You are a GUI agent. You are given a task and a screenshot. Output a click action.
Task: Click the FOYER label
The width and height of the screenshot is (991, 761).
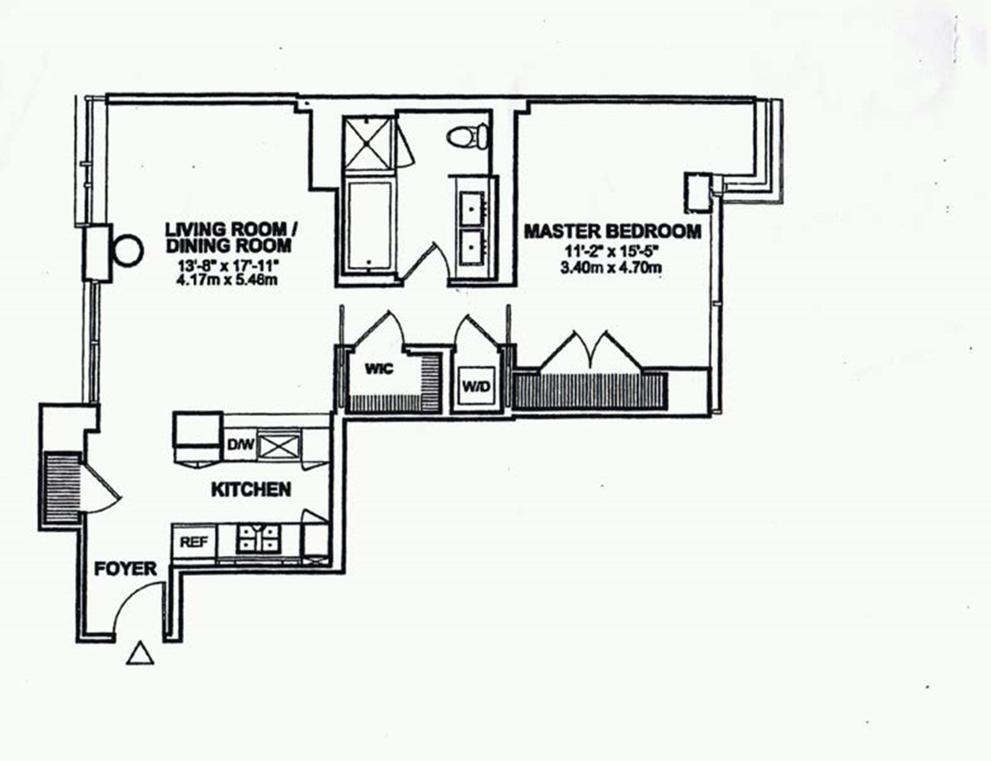[125, 569]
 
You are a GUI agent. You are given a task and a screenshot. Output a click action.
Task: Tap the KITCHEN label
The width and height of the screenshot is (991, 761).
[251, 490]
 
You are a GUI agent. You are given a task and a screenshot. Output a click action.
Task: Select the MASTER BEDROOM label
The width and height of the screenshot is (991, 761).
[613, 231]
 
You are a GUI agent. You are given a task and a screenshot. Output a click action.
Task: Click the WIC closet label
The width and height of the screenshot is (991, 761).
[379, 369]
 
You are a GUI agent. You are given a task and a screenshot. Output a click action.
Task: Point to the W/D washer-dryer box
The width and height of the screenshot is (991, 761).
[477, 386]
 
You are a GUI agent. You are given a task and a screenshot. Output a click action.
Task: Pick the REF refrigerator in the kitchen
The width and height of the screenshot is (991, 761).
[194, 542]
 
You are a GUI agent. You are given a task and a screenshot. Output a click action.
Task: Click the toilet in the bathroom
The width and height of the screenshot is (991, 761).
[468, 135]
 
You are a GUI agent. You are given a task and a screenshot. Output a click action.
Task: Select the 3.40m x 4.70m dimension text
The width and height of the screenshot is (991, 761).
[611, 268]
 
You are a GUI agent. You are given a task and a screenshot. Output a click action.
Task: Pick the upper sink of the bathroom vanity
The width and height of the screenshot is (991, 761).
[473, 208]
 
